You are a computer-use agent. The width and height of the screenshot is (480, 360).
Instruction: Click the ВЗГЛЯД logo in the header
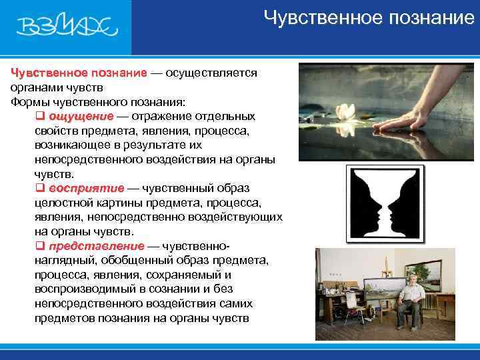(67, 27)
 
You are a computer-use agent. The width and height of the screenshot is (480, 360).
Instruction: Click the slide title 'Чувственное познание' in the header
(368, 17)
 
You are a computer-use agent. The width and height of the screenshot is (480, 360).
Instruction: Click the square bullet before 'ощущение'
(39, 116)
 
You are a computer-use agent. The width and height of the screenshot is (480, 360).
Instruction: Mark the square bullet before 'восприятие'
(39, 188)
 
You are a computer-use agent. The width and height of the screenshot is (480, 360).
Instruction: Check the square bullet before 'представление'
(39, 246)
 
